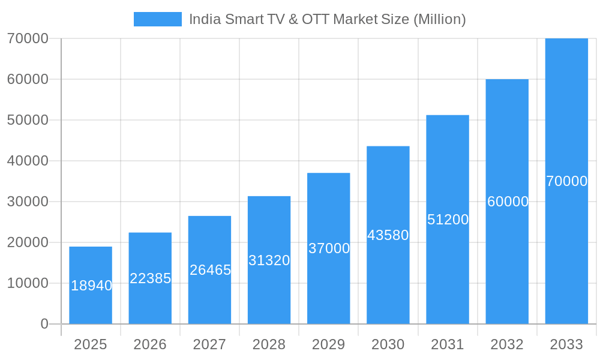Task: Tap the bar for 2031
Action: pyautogui.click(x=448, y=270)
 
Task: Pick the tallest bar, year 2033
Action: pyautogui.click(x=566, y=252)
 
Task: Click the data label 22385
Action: pyautogui.click(x=151, y=278)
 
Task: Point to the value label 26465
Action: pyautogui.click(x=210, y=270)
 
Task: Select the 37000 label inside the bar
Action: pyautogui.click(x=329, y=248)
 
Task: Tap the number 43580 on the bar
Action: pyautogui.click(x=388, y=235)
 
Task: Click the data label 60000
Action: pyautogui.click(x=508, y=202)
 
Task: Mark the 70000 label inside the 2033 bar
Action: pyautogui.click(x=566, y=181)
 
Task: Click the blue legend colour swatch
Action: pyautogui.click(x=157, y=19)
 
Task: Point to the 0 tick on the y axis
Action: pyautogui.click(x=44, y=324)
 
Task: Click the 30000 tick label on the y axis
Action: pyautogui.click(x=28, y=202)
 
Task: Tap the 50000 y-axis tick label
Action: pyautogui.click(x=28, y=120)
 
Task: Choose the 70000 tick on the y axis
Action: pyautogui.click(x=28, y=39)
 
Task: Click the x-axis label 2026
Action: pyautogui.click(x=150, y=344)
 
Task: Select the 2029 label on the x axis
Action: pyautogui.click(x=329, y=344)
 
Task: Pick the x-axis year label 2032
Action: pyautogui.click(x=507, y=344)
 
